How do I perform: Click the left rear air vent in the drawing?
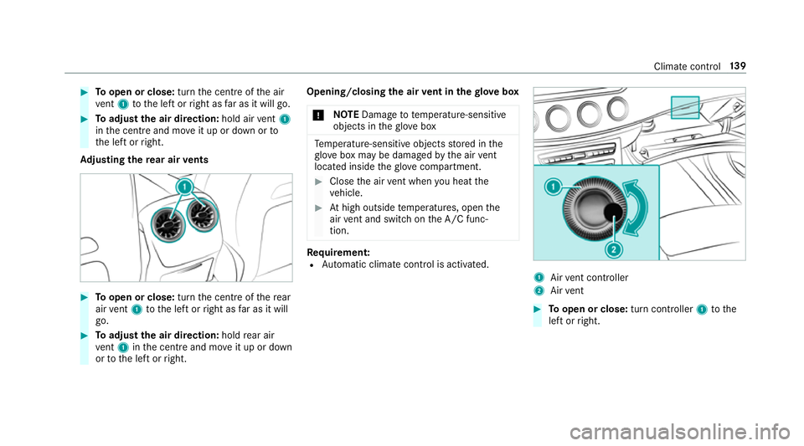(x=165, y=224)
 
